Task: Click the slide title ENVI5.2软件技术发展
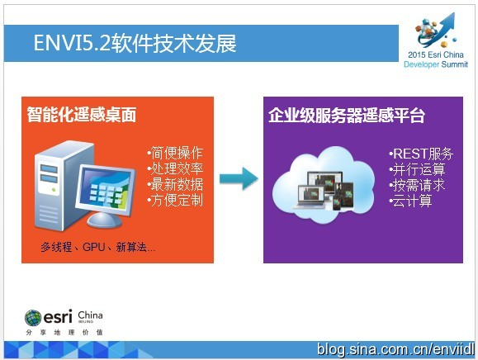(135, 43)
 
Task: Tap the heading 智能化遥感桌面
(82, 115)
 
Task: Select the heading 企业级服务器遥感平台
(347, 116)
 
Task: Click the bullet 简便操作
(175, 153)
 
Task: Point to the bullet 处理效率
(175, 168)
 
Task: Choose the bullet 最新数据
(175, 184)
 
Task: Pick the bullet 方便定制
(175, 201)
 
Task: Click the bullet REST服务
(421, 154)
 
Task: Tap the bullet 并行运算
(417, 169)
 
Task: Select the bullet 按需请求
(417, 185)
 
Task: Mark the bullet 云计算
(410, 201)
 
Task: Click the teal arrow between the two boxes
(239, 178)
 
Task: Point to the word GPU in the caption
(93, 247)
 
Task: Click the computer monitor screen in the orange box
(106, 190)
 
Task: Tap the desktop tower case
(58, 187)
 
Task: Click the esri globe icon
(33, 318)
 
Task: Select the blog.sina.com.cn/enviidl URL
(395, 349)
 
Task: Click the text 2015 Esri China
(436, 54)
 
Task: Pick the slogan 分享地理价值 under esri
(64, 332)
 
